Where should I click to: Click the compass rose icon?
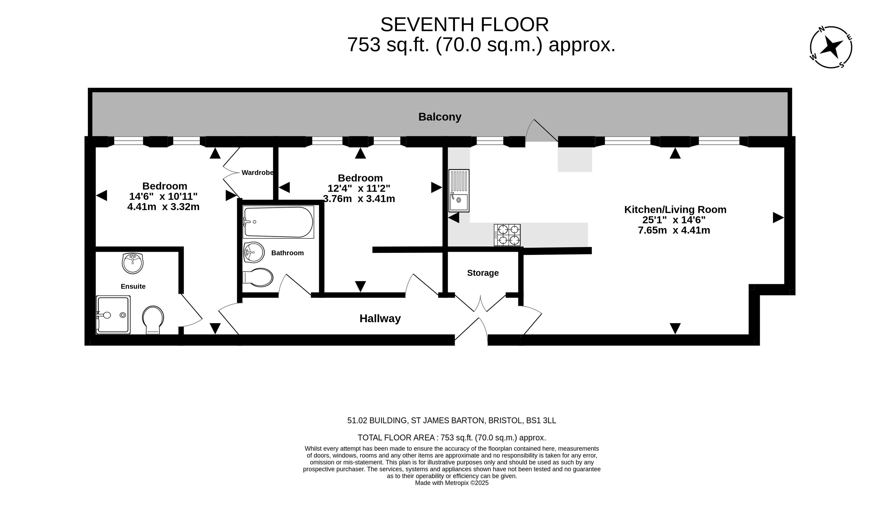click(x=831, y=47)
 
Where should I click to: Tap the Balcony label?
click(x=440, y=117)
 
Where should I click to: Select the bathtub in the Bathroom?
click(x=278, y=222)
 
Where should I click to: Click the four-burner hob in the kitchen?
click(x=507, y=235)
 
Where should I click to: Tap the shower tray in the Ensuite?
click(x=113, y=315)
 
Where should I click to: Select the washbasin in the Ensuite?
click(x=133, y=263)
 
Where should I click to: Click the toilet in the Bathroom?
click(x=258, y=277)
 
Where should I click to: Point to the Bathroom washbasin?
click(x=254, y=252)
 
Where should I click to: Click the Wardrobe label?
click(x=258, y=173)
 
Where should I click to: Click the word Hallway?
click(x=380, y=319)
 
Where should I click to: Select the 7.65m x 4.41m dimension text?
click(x=674, y=230)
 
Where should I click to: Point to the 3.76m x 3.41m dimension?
click(x=359, y=199)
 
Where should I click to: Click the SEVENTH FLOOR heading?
click(x=464, y=25)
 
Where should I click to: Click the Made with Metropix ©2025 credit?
click(x=451, y=483)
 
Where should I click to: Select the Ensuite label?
click(x=133, y=286)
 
